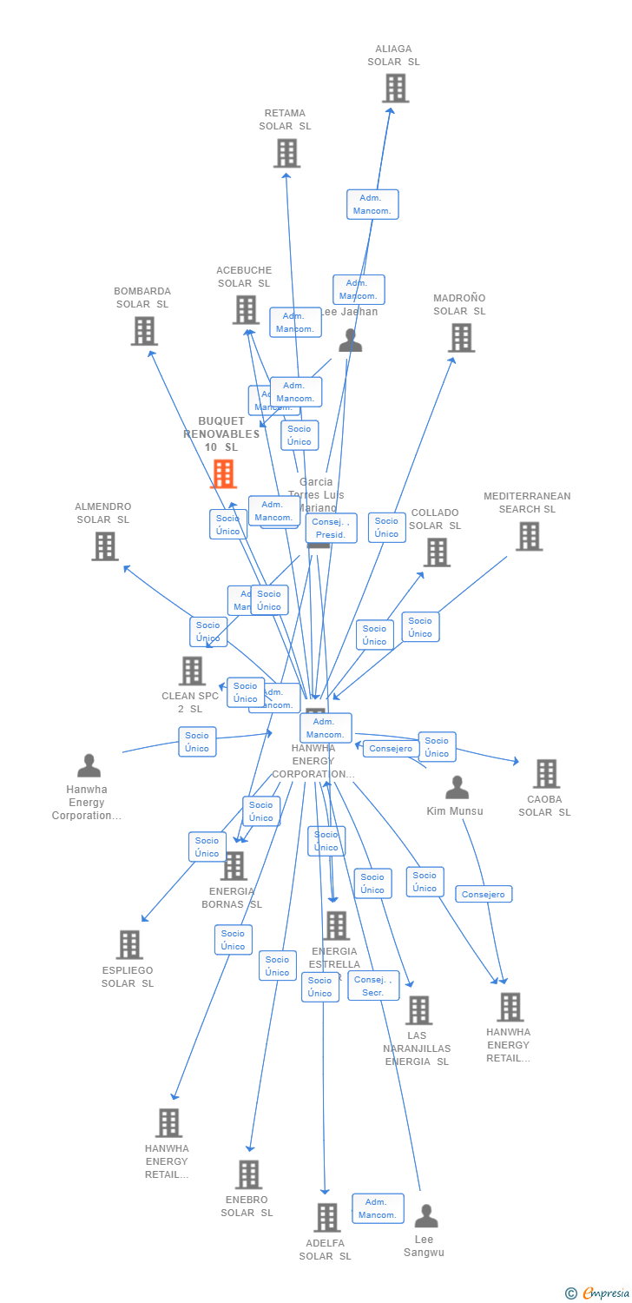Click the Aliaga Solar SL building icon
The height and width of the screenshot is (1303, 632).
395,88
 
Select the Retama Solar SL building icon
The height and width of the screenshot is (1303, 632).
286,153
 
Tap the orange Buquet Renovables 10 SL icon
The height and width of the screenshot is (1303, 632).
224,473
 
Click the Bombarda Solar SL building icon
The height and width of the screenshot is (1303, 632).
144,330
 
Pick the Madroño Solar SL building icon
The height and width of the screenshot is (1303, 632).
461,337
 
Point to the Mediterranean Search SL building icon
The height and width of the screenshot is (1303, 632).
529,536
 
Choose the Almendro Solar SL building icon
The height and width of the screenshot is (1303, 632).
105,546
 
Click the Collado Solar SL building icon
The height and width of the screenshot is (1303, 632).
437,552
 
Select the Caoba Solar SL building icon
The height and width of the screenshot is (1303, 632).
546,773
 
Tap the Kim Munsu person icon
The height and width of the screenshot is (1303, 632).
457,788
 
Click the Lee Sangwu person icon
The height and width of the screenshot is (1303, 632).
425,1215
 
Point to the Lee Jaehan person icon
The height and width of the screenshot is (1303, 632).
350,340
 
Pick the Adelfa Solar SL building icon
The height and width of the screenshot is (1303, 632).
326,1217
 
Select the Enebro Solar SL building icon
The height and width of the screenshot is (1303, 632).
248,1174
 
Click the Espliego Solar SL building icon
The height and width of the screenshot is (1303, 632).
129,944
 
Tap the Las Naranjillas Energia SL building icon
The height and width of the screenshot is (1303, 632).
418,1009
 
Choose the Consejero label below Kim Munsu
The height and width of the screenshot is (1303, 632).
484,894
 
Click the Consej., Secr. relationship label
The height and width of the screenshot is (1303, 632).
373,986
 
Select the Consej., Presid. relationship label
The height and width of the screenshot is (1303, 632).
331,528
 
